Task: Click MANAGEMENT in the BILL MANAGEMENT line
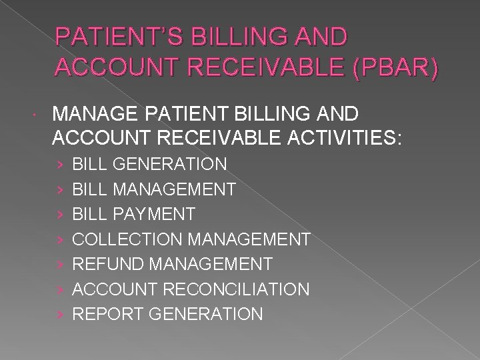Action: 175,189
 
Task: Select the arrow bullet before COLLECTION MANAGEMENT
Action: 59,239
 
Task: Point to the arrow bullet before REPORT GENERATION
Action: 59,314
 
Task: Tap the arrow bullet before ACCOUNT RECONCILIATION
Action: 59,289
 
